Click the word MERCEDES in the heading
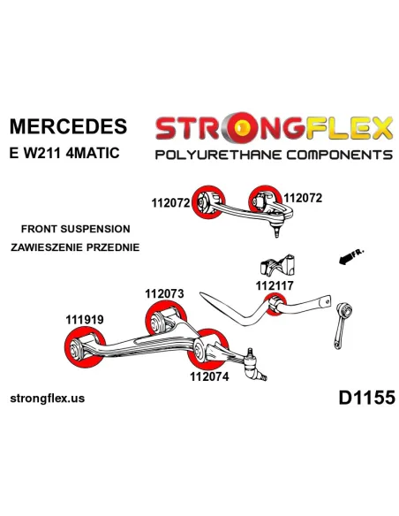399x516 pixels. pos(68,126)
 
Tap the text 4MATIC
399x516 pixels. pos(93,153)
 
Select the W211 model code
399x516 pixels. pos(42,153)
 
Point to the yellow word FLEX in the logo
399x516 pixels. pos(349,127)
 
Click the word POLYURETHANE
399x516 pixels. pos(219,155)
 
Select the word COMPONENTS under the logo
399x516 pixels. pos(340,155)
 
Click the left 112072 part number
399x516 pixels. pos(171,203)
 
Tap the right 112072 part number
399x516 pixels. pos(303,198)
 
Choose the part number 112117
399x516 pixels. pos(275,285)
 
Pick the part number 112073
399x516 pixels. pos(165,293)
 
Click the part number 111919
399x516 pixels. pos(85,319)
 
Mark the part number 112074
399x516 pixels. pos(209,376)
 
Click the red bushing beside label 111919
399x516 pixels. pos(85,347)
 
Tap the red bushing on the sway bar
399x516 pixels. pos(275,305)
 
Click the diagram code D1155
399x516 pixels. pos(367,398)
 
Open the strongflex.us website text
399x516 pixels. pos(48,398)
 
